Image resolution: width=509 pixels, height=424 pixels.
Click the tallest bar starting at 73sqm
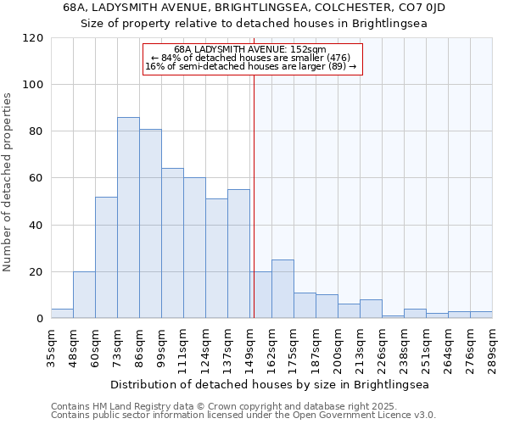[128, 218]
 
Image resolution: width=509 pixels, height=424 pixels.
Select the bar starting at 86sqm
[150, 224]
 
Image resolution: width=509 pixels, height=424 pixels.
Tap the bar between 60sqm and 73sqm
[106, 258]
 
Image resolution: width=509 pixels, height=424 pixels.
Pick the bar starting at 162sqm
[282, 289]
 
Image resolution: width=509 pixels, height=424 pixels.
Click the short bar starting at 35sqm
[62, 314]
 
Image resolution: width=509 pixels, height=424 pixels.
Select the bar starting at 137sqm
[238, 254]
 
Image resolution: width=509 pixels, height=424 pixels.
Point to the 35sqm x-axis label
[52, 347]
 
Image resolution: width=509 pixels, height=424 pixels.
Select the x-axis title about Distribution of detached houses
[270, 384]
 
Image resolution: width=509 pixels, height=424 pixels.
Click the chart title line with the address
[255, 8]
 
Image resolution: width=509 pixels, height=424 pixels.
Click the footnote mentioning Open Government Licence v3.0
[243, 416]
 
